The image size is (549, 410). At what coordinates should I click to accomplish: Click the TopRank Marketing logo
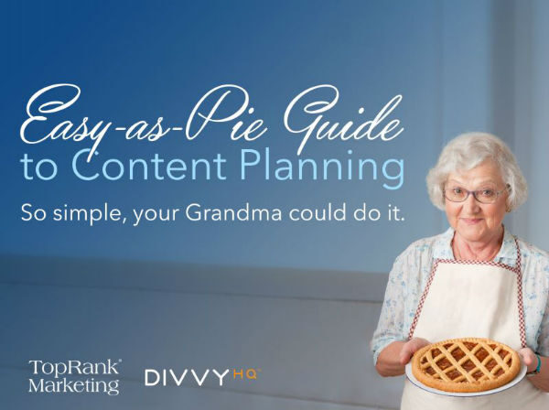point(74,375)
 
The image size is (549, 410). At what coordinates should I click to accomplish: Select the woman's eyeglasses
point(475,193)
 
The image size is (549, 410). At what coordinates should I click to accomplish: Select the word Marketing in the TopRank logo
point(74,385)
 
